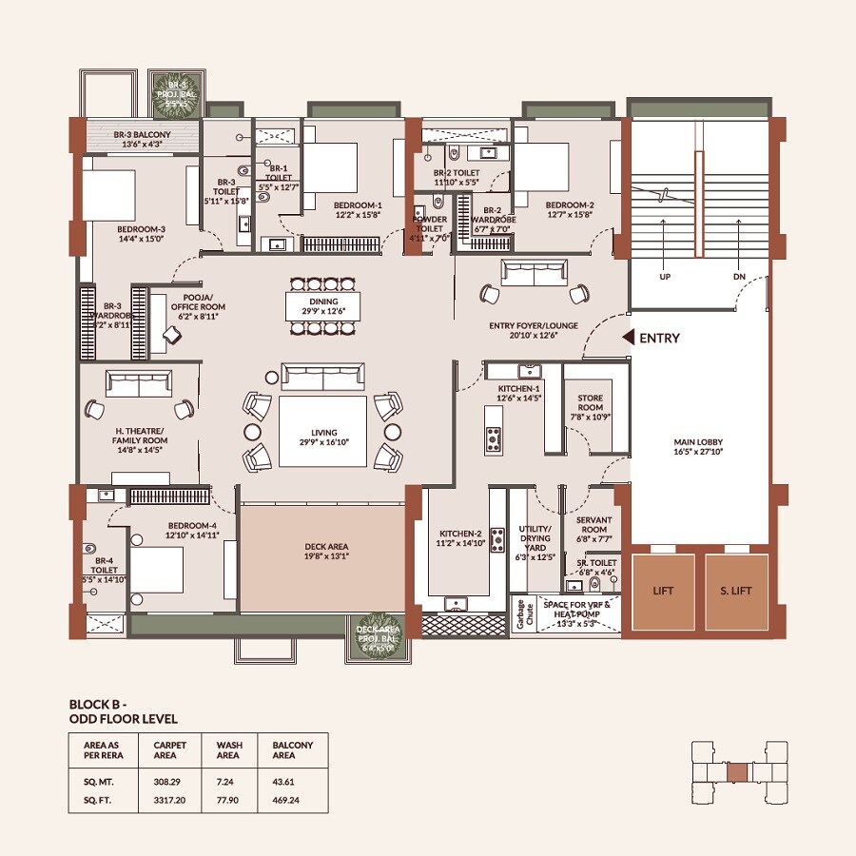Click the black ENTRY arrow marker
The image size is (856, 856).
point(628,338)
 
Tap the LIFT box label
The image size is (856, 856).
point(663,591)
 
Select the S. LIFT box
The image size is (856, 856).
point(736,591)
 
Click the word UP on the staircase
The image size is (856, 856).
point(664,277)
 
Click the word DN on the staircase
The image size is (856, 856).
point(739,277)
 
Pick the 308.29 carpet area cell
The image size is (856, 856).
point(167,781)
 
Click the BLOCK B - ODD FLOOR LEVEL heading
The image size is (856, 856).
point(124,711)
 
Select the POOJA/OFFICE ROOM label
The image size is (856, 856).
point(198,306)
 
